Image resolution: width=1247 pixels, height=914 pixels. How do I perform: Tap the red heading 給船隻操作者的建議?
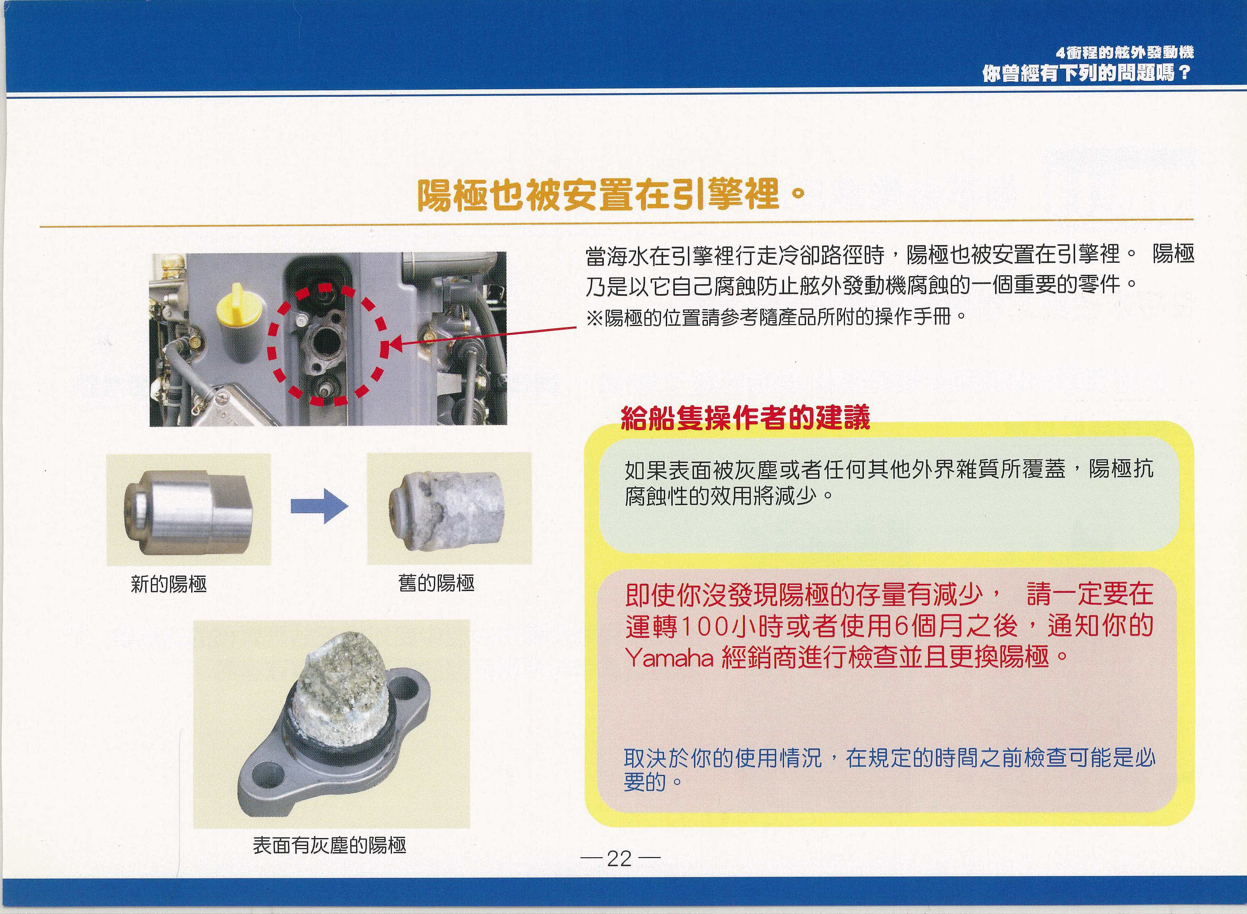(745, 418)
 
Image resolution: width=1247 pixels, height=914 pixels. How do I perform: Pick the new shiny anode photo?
(189, 510)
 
